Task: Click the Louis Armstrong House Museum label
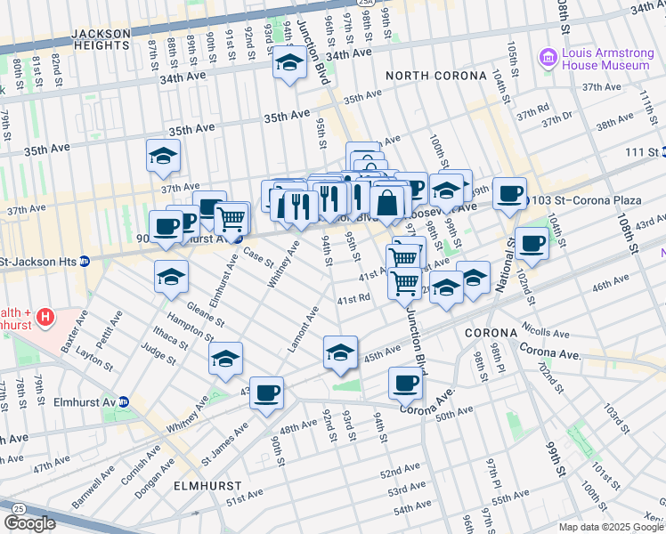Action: (606, 58)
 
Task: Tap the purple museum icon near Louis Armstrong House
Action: (548, 58)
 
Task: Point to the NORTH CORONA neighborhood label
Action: (425, 77)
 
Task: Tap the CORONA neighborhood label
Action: (491, 332)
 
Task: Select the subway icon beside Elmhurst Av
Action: (124, 402)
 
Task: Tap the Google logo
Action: (29, 523)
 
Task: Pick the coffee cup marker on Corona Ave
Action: (404, 384)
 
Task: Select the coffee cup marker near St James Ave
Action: (265, 393)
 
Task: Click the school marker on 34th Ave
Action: (289, 63)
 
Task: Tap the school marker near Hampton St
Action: (226, 360)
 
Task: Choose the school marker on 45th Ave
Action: (340, 353)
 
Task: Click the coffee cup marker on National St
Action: (532, 244)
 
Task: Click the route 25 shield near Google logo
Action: (19, 506)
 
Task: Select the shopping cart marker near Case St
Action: (231, 217)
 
